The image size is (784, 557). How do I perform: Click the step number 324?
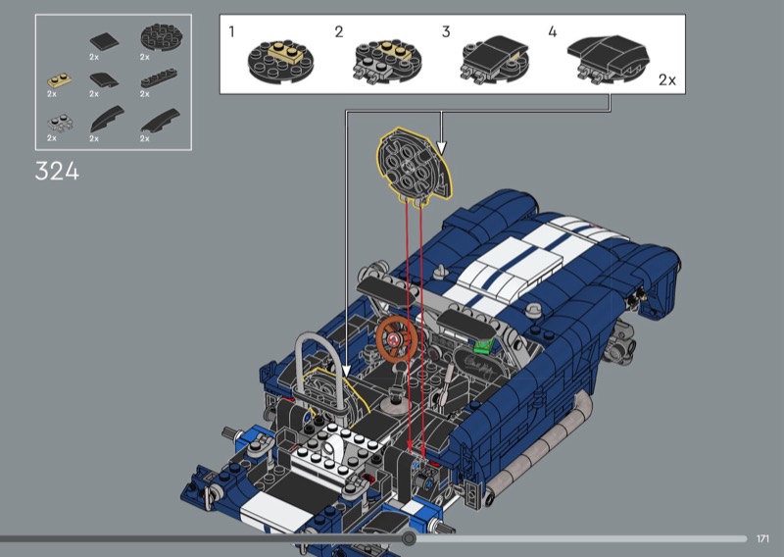coord(57,172)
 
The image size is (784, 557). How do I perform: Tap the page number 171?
coord(762,538)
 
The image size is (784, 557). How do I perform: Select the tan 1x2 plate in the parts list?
coord(59,80)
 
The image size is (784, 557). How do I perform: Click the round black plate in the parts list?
coord(161,37)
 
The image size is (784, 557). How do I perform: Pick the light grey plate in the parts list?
coord(60,124)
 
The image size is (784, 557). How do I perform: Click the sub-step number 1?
coord(231,32)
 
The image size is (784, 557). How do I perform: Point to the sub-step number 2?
coord(339,32)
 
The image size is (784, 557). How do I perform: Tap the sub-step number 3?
coord(446,32)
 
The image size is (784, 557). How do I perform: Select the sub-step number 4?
coord(553,32)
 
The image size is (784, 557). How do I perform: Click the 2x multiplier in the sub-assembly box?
coord(667,80)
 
